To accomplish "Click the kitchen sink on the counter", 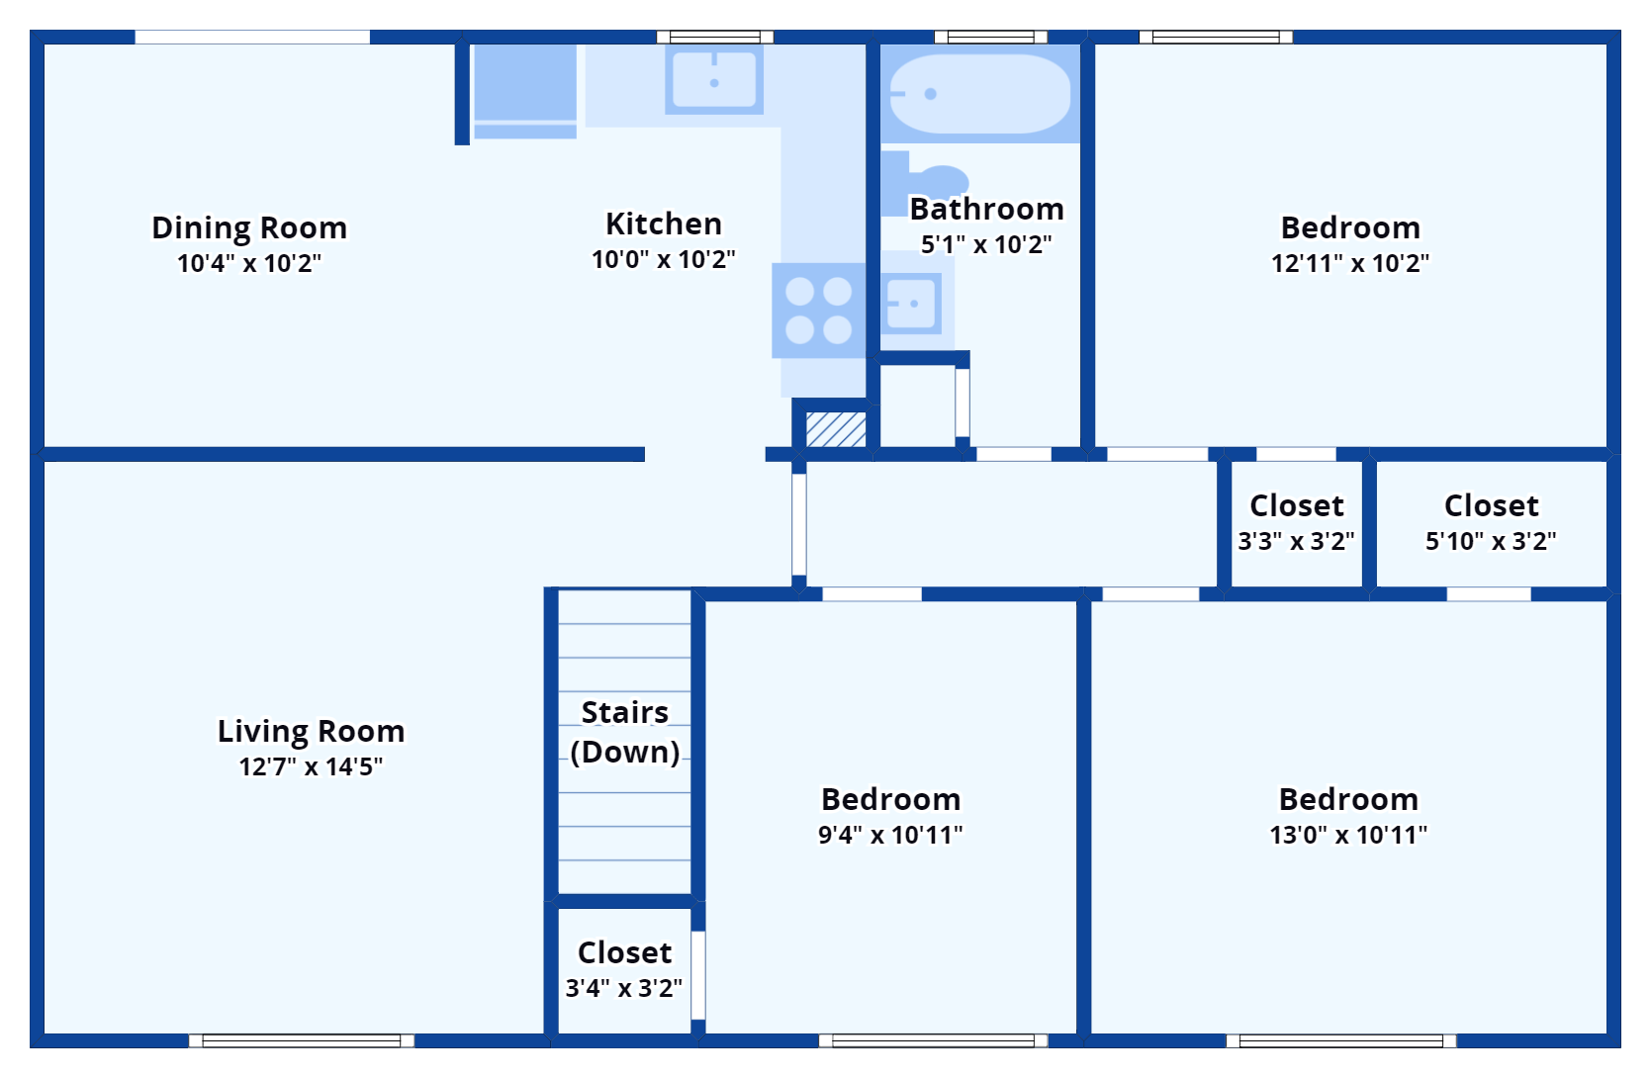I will (x=713, y=79).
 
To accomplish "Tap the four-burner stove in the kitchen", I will (x=818, y=310).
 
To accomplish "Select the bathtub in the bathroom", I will (x=979, y=94).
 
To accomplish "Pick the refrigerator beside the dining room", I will (x=524, y=84).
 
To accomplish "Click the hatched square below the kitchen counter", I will (x=836, y=429).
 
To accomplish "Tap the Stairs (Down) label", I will (x=625, y=732).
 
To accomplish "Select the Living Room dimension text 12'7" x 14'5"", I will (x=311, y=766).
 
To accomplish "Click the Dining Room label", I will (x=249, y=227).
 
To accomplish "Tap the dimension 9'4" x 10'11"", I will (x=890, y=835).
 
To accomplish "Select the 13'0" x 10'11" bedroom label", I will (x=1348, y=799).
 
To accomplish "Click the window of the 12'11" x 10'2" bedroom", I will (x=1216, y=38).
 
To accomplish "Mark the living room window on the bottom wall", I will (x=302, y=1040).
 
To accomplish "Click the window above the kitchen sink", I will (x=715, y=38).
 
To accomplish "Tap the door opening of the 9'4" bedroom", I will (x=871, y=594).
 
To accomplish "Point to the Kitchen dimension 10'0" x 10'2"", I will (x=664, y=259).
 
